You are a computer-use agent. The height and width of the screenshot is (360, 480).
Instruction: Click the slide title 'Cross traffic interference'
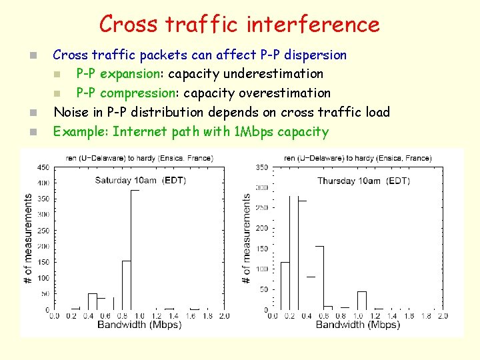239,25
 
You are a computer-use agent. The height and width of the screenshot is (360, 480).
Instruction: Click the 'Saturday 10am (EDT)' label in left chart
140,180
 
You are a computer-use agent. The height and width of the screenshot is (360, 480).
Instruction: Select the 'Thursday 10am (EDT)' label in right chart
363,181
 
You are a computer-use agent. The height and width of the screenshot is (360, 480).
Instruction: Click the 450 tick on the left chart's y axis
42,167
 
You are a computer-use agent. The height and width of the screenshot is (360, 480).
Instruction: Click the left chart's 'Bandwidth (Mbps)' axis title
139,325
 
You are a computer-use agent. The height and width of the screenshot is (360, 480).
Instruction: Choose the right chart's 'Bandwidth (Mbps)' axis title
357,325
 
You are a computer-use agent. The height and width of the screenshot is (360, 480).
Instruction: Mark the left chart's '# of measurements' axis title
28,238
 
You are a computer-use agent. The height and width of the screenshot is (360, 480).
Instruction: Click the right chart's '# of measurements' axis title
247,238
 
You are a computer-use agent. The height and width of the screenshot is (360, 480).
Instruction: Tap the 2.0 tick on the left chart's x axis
224,315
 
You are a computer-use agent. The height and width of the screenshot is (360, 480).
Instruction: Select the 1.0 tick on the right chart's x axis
357,315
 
